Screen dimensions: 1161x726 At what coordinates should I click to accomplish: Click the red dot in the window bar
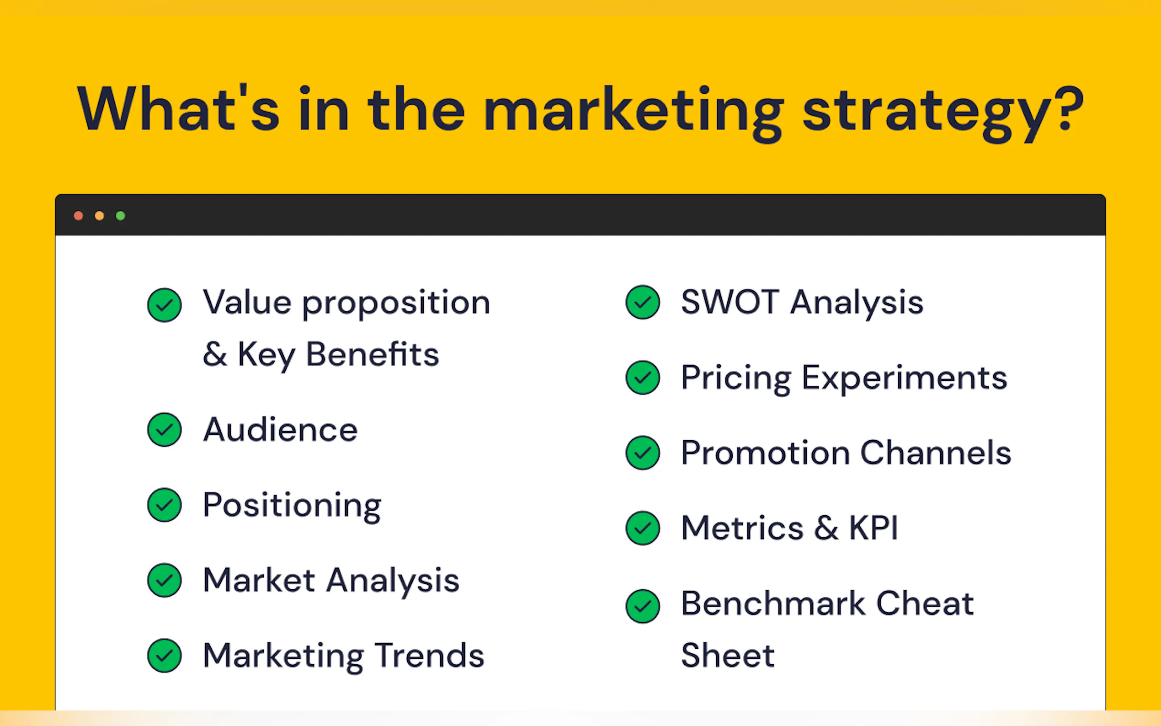pos(78,216)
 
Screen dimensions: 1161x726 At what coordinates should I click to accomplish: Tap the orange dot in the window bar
pos(99,216)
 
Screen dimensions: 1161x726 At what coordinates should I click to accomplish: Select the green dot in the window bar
pos(121,216)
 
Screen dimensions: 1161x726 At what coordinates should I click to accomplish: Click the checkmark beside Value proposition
pos(164,305)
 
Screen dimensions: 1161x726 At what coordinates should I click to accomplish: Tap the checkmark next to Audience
pos(164,429)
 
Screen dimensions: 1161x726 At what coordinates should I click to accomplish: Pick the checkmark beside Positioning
pos(164,505)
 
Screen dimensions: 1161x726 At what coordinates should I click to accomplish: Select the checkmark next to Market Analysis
pos(164,580)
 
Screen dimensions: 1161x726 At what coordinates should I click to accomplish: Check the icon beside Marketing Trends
pos(164,656)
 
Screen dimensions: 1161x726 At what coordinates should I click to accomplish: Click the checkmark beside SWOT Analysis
pos(643,302)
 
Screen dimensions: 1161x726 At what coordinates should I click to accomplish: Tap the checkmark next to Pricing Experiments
pos(643,378)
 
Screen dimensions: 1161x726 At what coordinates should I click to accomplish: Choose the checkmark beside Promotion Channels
pos(643,452)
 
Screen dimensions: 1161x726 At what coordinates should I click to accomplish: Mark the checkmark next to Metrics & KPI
pos(643,528)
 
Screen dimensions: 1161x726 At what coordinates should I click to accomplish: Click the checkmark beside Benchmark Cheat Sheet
pos(643,606)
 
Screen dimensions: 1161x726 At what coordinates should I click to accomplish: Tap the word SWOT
pos(730,302)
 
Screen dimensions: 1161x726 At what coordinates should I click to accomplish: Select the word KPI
pos(873,528)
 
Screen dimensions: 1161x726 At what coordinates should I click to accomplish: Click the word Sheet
pos(728,655)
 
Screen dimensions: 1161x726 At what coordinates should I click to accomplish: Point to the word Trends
pos(430,656)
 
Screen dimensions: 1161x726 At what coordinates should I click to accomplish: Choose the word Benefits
pos(373,354)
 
